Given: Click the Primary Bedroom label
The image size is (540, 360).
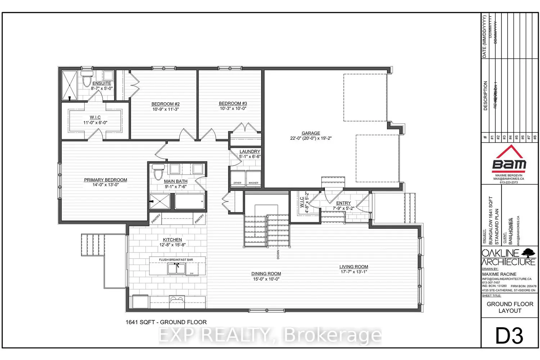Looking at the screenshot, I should [x=105, y=180].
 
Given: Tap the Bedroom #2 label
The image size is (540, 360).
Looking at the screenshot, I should [x=165, y=104].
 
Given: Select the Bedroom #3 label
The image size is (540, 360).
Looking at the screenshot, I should [x=233, y=103].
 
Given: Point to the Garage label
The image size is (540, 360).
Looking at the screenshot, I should [x=311, y=133].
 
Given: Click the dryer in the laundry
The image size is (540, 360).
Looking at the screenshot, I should [x=238, y=178].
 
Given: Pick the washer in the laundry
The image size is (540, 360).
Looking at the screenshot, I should [x=253, y=178].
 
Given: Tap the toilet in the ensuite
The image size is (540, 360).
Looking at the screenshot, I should [x=87, y=80].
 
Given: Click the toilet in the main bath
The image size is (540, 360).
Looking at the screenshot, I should [x=158, y=172].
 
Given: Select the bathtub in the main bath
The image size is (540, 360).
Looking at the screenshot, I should [x=190, y=202].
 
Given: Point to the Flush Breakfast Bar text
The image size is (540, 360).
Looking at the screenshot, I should [x=176, y=260].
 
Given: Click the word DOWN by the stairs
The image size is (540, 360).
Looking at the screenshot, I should [x=278, y=254].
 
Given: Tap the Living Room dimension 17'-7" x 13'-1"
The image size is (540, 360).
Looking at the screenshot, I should [x=354, y=272].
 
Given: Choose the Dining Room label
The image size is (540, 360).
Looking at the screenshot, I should [x=266, y=274].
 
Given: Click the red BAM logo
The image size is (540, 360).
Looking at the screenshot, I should [x=509, y=158].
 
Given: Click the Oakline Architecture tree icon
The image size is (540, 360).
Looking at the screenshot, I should [x=528, y=253].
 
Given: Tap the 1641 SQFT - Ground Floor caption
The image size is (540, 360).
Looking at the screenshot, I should [x=166, y=322].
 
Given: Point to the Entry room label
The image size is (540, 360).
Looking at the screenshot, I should [x=343, y=203].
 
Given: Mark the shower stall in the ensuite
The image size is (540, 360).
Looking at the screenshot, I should [x=69, y=85].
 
